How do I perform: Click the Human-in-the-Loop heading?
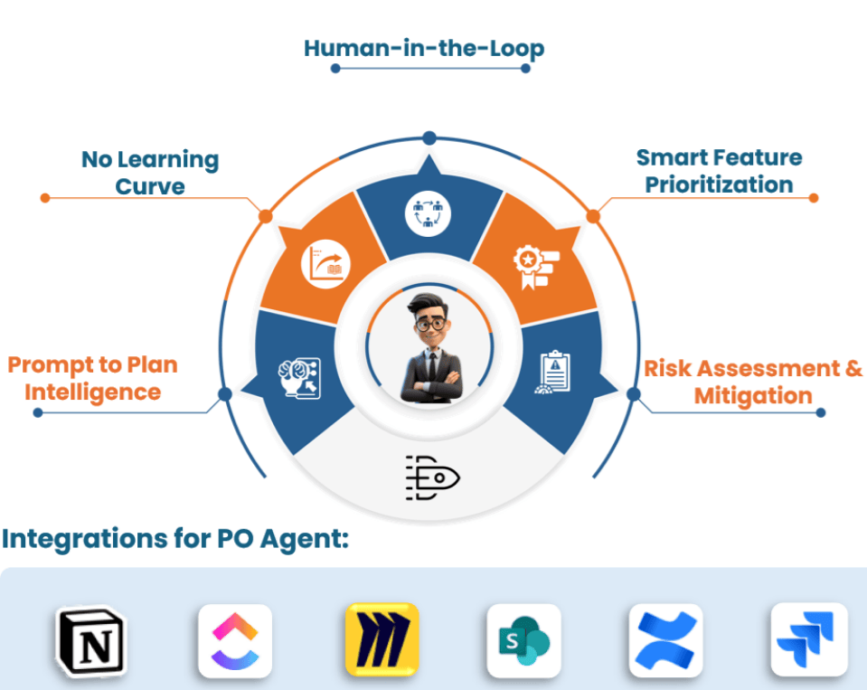point(424,48)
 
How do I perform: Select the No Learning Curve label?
point(150,173)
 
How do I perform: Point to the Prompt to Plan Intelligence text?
point(93,378)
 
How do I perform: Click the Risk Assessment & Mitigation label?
point(752,382)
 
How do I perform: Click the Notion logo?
point(90,641)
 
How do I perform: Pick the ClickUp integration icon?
point(235,641)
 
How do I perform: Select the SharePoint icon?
point(523,641)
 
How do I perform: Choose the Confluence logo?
point(665,641)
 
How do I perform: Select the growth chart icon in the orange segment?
point(325,266)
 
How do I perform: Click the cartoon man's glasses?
point(429,322)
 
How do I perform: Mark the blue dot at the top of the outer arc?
point(429,137)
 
